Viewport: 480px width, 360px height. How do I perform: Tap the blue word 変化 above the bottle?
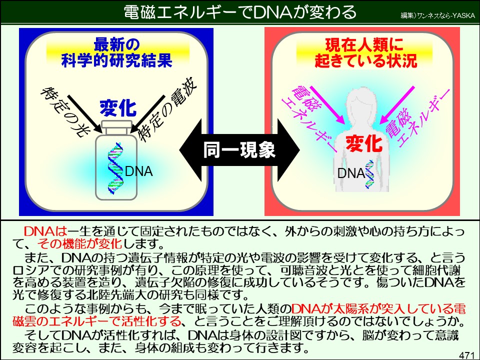click(117, 107)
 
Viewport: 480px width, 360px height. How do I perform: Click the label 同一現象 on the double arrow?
click(239, 149)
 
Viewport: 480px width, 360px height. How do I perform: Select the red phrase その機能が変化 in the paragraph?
click(80, 244)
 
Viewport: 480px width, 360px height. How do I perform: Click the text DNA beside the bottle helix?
click(138, 171)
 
